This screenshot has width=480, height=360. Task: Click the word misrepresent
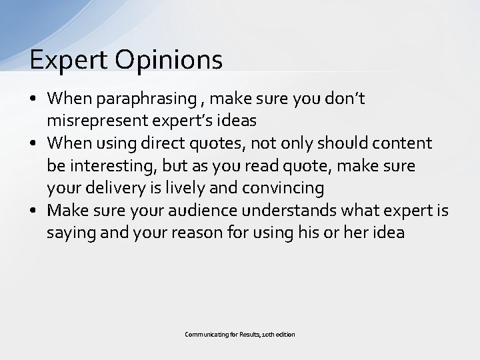tap(93, 121)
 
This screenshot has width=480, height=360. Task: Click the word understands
tap(299, 211)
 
